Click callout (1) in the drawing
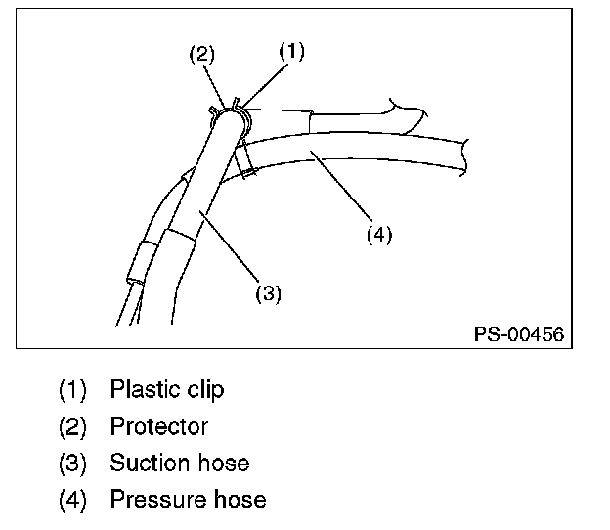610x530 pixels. [290, 52]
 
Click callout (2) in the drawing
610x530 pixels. [202, 56]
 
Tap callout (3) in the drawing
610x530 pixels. [268, 292]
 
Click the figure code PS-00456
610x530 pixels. [518, 333]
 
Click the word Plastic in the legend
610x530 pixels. [145, 389]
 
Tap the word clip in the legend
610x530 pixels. [205, 389]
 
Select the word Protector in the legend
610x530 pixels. [158, 426]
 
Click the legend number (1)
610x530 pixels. [72, 389]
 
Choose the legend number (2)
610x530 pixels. [72, 426]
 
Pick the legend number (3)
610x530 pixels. [72, 463]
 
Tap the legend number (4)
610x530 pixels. [72, 499]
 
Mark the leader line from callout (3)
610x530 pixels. [235, 244]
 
